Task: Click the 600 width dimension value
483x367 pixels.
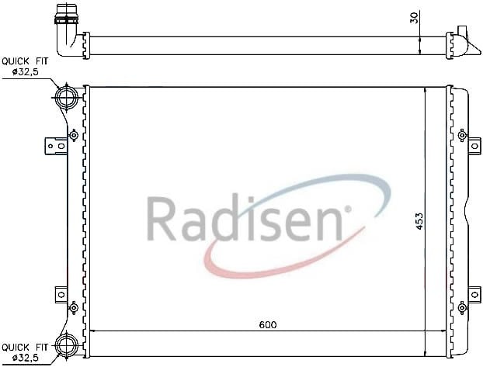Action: pyautogui.click(x=268, y=324)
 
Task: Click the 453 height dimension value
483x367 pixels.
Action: pyautogui.click(x=419, y=221)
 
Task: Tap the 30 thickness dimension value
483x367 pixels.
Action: pyautogui.click(x=415, y=18)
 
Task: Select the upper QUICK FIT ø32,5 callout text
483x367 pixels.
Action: pyautogui.click(x=25, y=67)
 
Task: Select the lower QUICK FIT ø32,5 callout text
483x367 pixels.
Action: pyautogui.click(x=25, y=352)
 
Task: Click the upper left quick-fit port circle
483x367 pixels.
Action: pyautogui.click(x=67, y=96)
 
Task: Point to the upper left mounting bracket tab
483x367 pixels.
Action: pyautogui.click(x=56, y=146)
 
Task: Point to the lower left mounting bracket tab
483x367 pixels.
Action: pyautogui.click(x=61, y=295)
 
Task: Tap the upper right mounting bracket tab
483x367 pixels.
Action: pyautogui.click(x=474, y=146)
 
